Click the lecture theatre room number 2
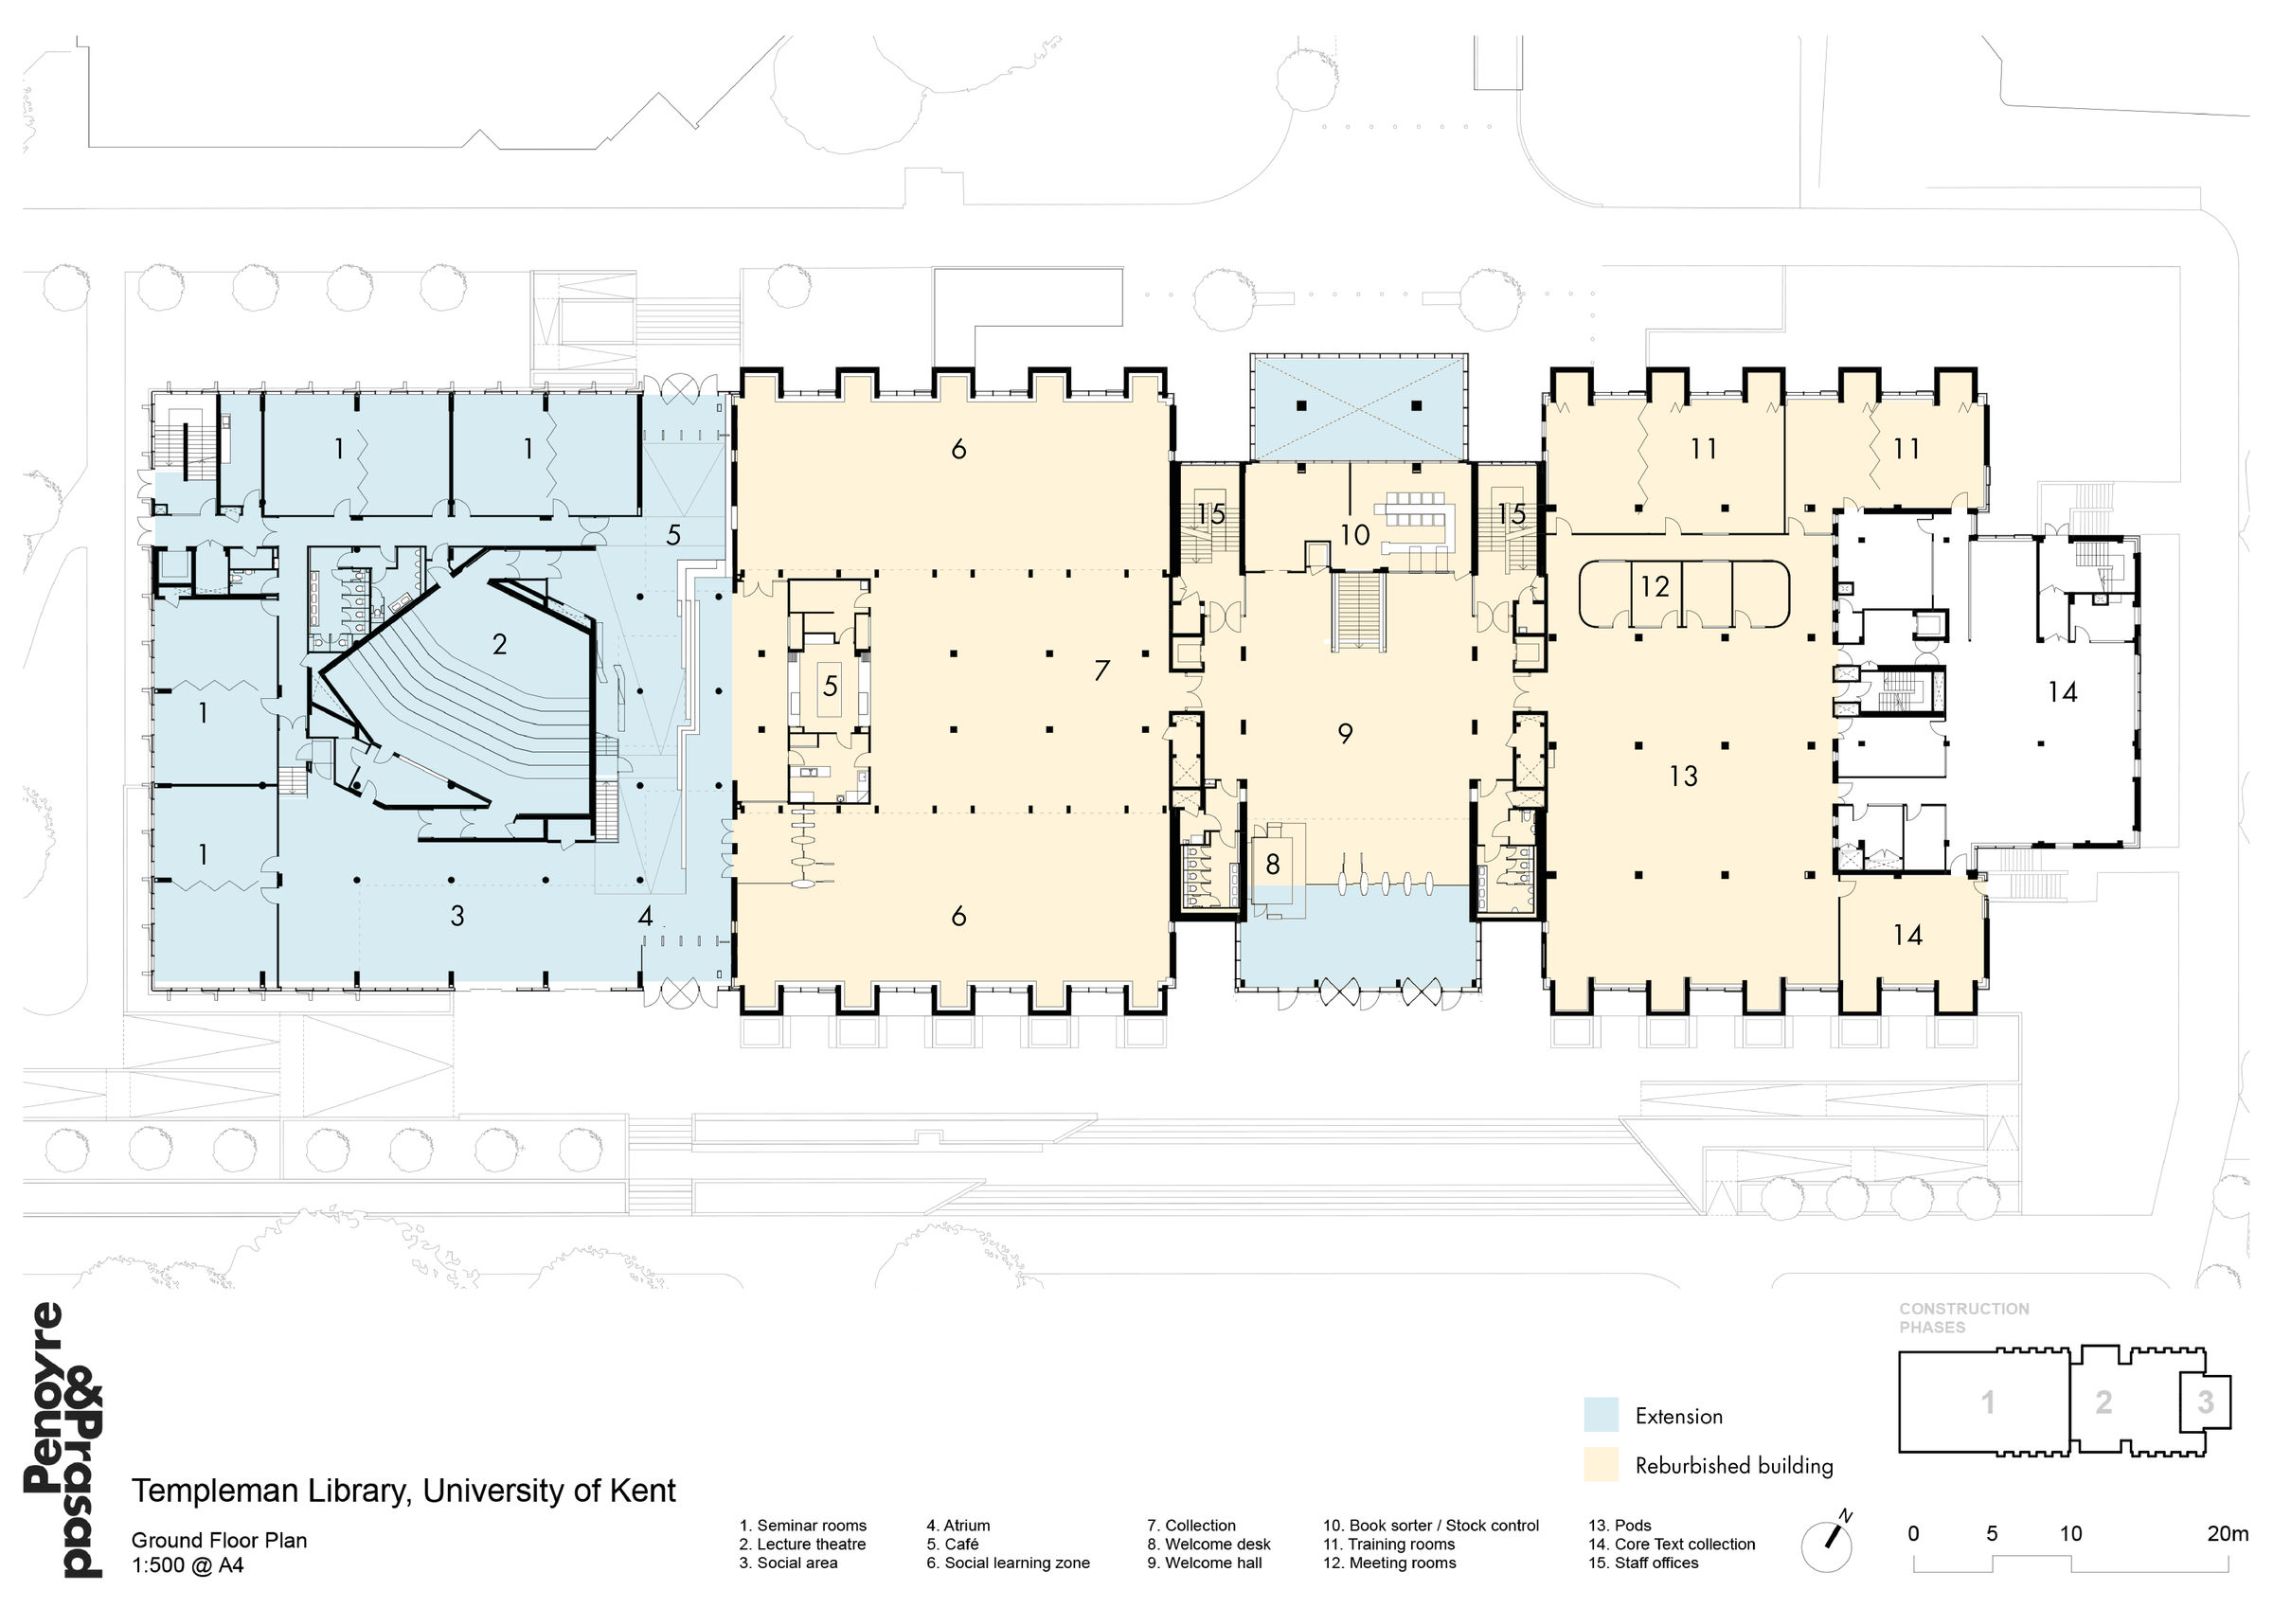click(x=499, y=645)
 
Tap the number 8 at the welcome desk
click(x=1272, y=865)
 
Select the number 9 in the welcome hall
click(x=1345, y=734)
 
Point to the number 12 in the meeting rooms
click(x=1655, y=587)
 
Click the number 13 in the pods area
click(x=1683, y=777)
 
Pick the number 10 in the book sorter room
click(x=1354, y=536)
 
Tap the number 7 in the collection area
click(x=1101, y=671)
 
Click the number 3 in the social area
click(x=457, y=916)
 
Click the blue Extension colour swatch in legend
click(x=1601, y=1415)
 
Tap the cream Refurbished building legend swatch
click(x=1601, y=1464)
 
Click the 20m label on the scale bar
click(x=2227, y=1534)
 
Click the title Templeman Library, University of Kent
click(x=403, y=1491)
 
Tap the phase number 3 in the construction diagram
click(x=2205, y=1403)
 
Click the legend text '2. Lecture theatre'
click(x=802, y=1544)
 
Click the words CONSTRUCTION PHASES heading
click(x=1963, y=1317)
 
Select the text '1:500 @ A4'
click(x=188, y=1565)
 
